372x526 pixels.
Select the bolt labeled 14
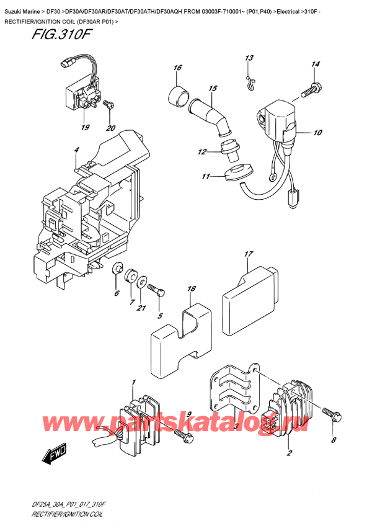tap(311, 90)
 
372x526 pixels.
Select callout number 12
tap(201, 152)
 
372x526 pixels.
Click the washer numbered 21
tap(143, 283)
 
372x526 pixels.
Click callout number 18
tap(191, 289)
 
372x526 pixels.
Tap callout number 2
tap(289, 454)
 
